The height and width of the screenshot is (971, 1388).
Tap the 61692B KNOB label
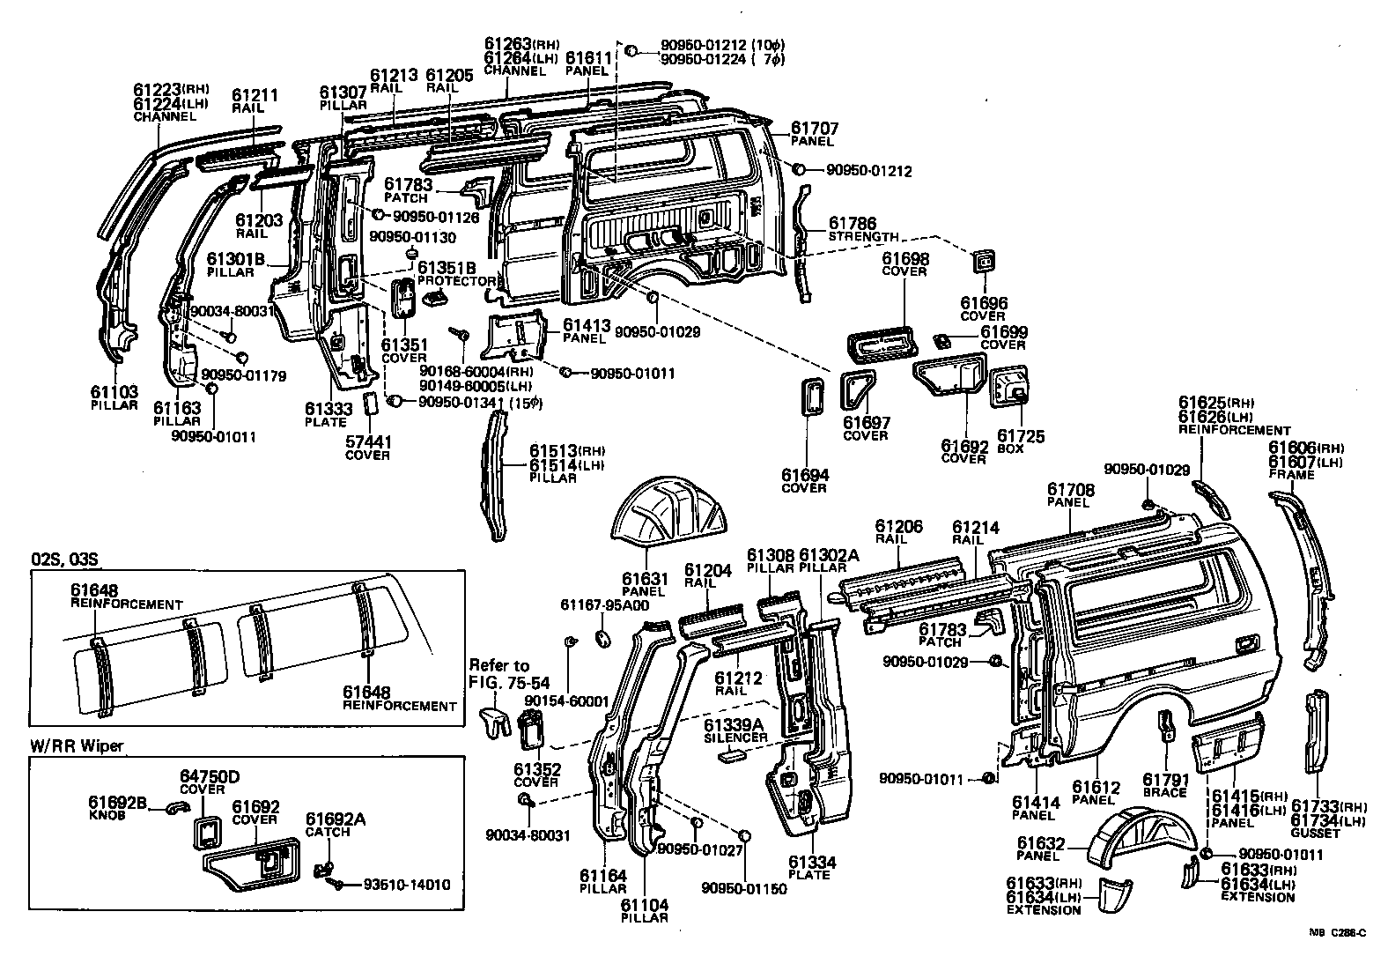tap(117, 808)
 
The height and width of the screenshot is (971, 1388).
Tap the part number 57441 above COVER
tap(367, 442)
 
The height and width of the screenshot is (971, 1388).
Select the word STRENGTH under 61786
tap(864, 237)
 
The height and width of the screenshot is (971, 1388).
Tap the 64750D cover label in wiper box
tap(210, 782)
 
